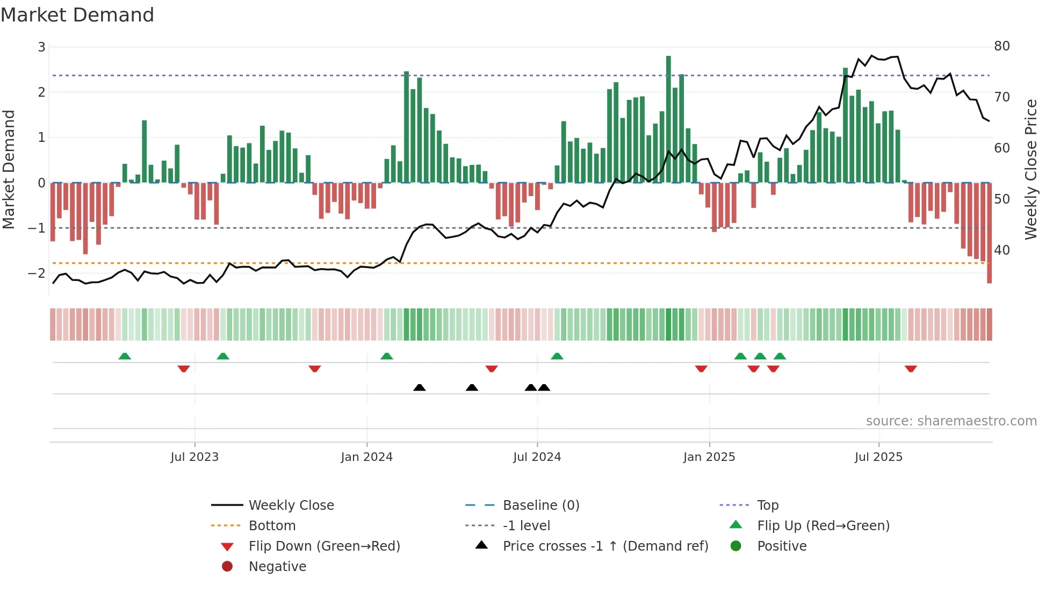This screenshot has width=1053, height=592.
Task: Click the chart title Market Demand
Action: (x=77, y=15)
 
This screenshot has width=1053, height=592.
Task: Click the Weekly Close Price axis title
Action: (x=1030, y=169)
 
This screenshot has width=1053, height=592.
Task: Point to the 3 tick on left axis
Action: (x=41, y=47)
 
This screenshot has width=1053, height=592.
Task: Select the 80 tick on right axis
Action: (x=1001, y=46)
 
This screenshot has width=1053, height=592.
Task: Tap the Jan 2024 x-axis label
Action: (x=366, y=457)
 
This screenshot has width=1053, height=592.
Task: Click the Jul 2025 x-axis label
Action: (x=878, y=457)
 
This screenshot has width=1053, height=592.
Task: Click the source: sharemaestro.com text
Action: (x=951, y=421)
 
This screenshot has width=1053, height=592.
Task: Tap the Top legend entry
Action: (x=768, y=506)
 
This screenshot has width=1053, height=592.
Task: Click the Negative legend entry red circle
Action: (x=227, y=567)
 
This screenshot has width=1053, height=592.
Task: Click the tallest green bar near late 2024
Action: (x=668, y=118)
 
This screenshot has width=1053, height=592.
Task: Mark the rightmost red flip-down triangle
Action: (x=911, y=369)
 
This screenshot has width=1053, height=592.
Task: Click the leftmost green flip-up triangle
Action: (x=125, y=356)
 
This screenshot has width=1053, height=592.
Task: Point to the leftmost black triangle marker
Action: (x=420, y=387)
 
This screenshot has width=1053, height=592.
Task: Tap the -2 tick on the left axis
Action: (x=37, y=273)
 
